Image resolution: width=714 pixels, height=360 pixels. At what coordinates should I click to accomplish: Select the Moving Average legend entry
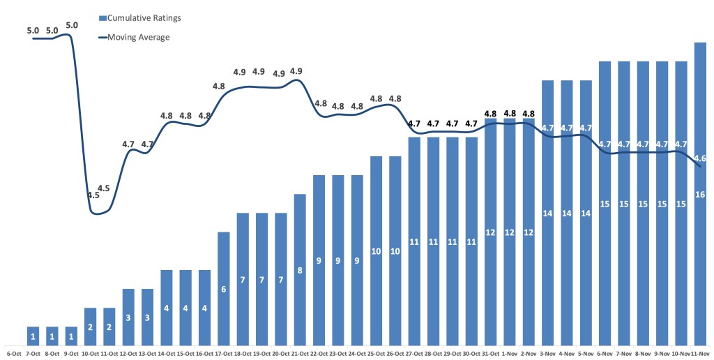coord(138,37)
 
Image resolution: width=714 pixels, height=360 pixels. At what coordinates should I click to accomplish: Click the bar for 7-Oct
coord(33,336)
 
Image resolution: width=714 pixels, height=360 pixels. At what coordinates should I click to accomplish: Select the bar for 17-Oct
coord(224,288)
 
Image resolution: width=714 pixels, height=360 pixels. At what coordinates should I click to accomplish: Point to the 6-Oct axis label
coord(13,354)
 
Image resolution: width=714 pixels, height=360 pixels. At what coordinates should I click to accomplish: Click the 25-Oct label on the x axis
coord(376,354)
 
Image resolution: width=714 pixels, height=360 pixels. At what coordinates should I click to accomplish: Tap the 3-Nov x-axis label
coord(547,354)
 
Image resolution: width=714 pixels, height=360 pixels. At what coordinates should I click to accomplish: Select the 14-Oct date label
coord(167,354)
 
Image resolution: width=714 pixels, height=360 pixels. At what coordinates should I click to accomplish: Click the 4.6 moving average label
coord(701,158)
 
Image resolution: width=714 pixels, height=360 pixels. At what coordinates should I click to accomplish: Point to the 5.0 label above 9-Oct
coord(71,25)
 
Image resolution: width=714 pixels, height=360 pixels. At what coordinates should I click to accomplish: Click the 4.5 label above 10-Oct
coord(93,195)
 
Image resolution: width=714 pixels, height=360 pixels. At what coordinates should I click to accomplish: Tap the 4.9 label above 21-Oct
coord(296,71)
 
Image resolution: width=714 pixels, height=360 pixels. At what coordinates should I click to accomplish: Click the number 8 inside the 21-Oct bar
coord(300,270)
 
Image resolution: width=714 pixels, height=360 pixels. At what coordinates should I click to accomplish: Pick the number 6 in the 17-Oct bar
coord(224,289)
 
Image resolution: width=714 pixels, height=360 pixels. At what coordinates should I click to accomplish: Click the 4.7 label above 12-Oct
coord(128,144)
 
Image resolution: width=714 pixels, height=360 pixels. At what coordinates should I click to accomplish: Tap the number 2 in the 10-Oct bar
coord(90,327)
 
